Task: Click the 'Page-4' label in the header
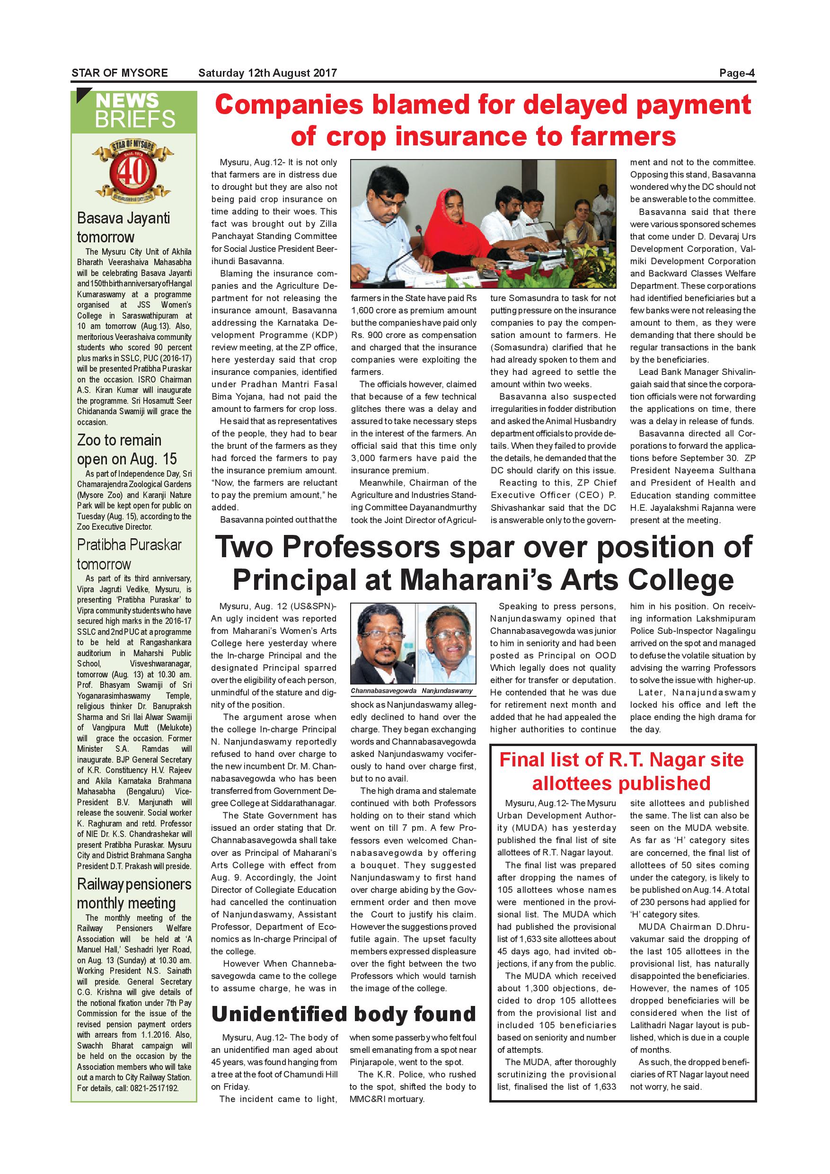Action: point(736,72)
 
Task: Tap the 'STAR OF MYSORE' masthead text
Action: point(120,72)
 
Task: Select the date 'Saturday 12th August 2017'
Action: point(267,72)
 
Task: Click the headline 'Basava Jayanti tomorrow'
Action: point(123,227)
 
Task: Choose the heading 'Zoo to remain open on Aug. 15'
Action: point(126,449)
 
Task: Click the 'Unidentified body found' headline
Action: point(344,1014)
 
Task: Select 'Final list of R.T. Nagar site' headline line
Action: point(621,760)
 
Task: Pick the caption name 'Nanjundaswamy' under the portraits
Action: point(447,691)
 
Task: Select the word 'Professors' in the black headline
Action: point(360,547)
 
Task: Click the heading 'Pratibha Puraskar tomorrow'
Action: point(129,554)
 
